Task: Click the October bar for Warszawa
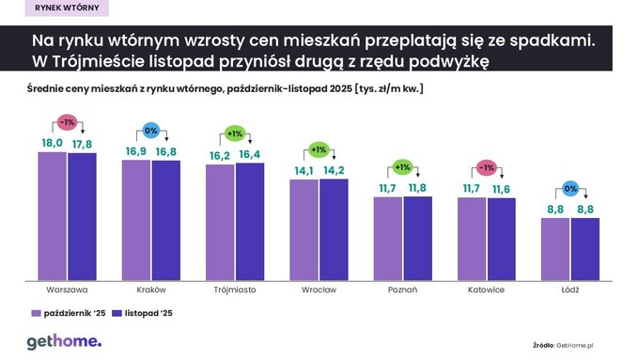[x=52, y=214]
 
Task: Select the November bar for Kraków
[x=165, y=219]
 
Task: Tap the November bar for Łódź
[x=584, y=248]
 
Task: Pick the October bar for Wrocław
[x=304, y=228]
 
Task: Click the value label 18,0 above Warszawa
[x=53, y=142]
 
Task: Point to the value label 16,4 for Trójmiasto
[x=250, y=154]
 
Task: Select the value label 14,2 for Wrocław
[x=334, y=170]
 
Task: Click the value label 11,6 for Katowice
[x=501, y=190]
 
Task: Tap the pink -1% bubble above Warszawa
[x=67, y=122]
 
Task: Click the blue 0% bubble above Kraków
[x=150, y=131]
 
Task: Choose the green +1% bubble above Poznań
[x=402, y=168]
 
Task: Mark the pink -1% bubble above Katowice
[x=486, y=168]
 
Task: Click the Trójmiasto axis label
[x=235, y=290]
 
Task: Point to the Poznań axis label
[x=402, y=290]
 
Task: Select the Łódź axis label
[x=570, y=290]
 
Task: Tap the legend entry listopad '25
[x=142, y=313]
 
